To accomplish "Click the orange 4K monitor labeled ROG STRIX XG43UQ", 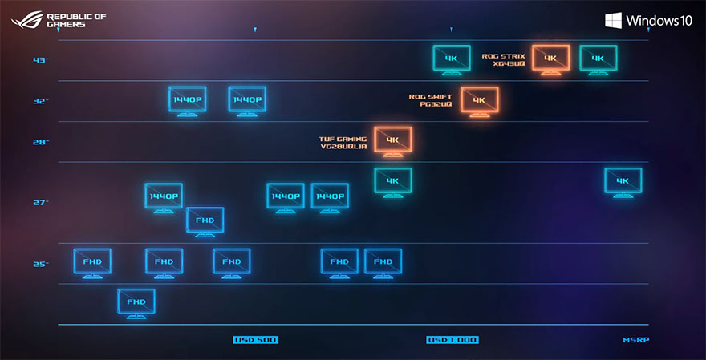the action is (550, 59).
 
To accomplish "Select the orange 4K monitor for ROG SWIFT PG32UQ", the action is (479, 101).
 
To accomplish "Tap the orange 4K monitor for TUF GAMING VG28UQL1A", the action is (392, 141).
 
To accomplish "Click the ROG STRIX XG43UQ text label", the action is (503, 59).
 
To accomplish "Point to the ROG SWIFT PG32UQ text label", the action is (431, 100).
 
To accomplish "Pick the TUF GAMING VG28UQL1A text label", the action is (343, 142).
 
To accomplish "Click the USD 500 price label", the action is (256, 340).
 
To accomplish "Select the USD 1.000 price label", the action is (452, 340).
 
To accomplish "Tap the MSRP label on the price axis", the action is (636, 340).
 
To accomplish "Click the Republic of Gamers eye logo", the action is (26, 19).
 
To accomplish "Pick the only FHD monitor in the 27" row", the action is (205, 220).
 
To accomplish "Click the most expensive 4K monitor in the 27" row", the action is (623, 181).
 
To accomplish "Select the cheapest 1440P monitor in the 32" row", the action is (188, 101).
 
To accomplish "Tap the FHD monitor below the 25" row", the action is (136, 303).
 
